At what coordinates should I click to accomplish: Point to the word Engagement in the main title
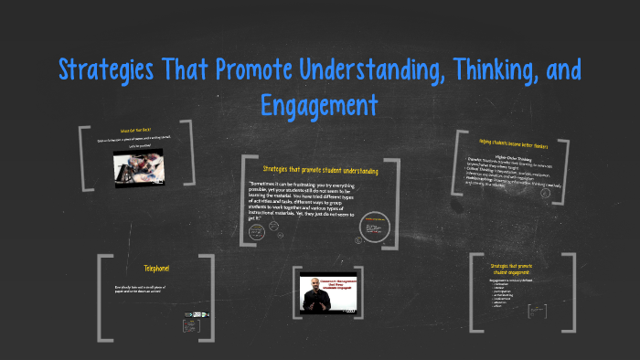[319, 104]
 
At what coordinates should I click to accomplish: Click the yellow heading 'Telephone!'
[156, 268]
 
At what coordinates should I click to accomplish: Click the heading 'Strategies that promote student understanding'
[320, 169]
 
